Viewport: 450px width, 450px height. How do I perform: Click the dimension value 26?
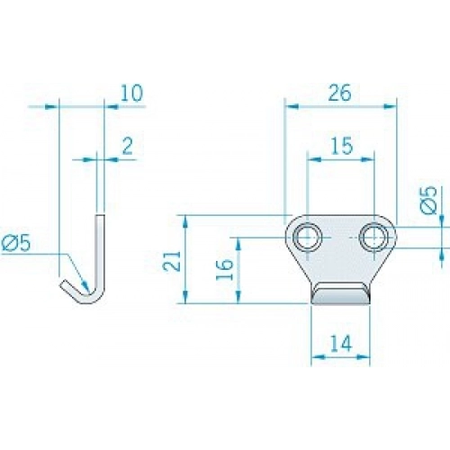tap(339, 93)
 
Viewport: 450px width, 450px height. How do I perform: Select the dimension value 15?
tap(342, 146)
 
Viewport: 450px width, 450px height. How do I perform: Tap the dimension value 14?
tap(342, 343)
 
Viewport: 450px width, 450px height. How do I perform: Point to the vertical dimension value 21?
tap(172, 261)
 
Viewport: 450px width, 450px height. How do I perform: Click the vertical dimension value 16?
tap(225, 269)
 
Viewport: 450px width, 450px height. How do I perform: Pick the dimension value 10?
tap(131, 93)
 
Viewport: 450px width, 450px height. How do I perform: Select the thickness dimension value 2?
tap(128, 147)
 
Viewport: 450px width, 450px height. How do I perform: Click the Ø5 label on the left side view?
tap(15, 243)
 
